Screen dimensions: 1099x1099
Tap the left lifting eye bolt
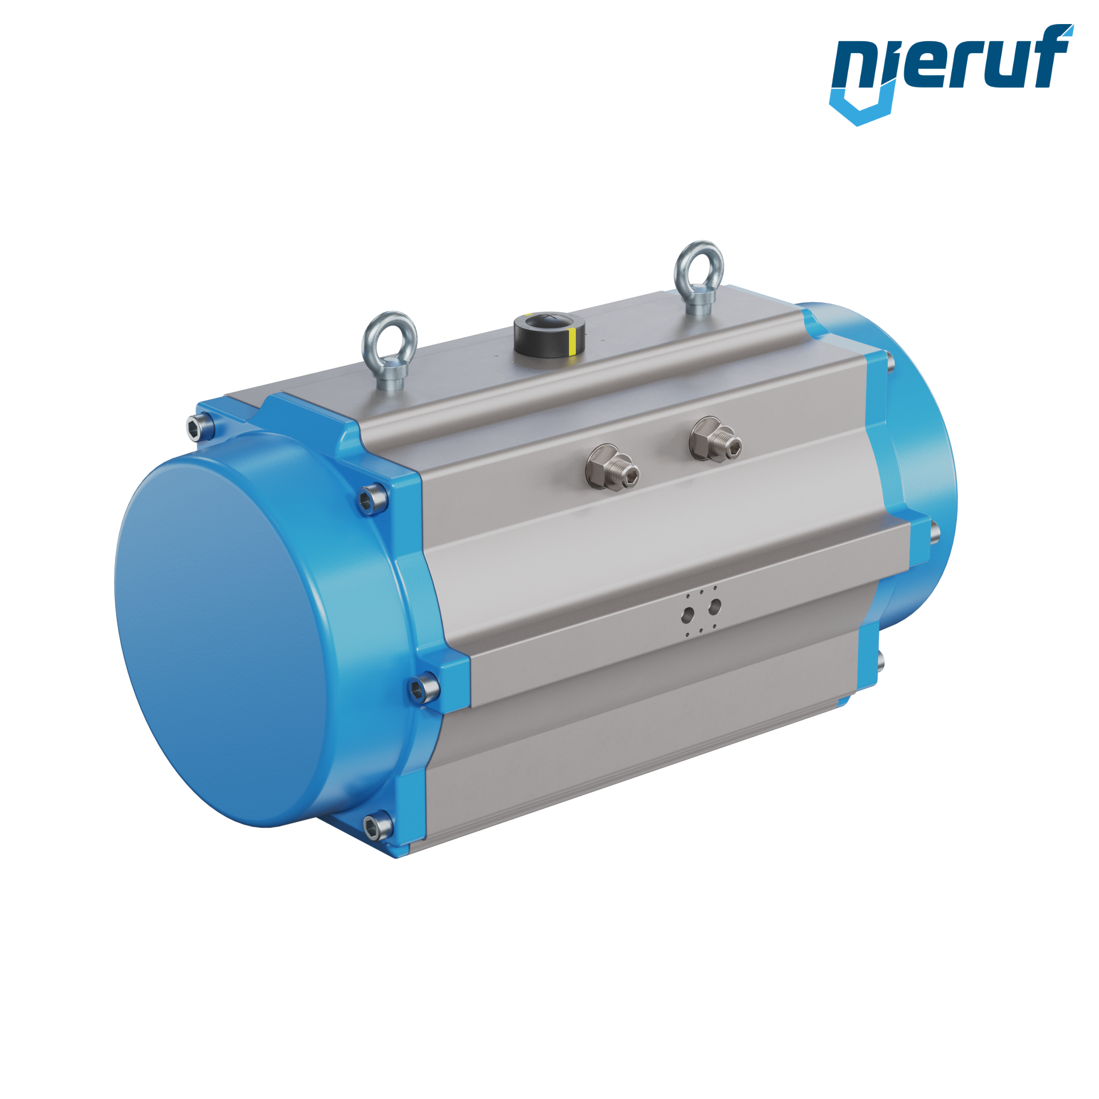click(389, 349)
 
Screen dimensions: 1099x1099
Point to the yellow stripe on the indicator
click(572, 342)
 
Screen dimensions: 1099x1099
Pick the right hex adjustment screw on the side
click(715, 439)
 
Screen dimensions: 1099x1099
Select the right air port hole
click(714, 606)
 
